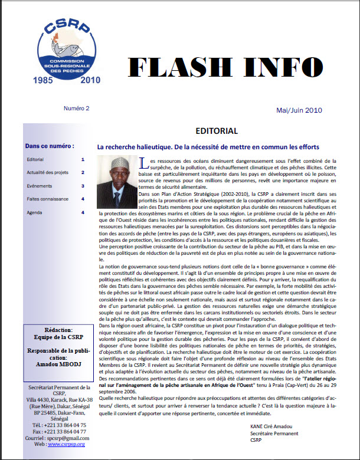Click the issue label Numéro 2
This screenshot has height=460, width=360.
point(77,109)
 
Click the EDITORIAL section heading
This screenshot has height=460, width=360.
point(216,130)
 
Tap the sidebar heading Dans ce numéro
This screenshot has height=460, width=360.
point(50,146)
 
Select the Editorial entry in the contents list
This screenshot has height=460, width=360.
point(35,160)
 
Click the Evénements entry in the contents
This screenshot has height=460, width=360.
point(40,186)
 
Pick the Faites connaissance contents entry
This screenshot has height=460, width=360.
point(47,199)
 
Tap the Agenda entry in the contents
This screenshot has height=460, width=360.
point(35,212)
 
